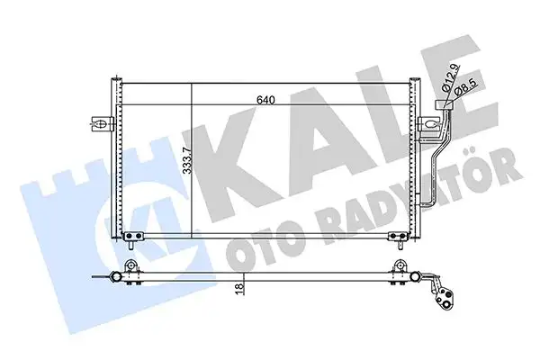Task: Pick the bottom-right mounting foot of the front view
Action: tap(396, 238)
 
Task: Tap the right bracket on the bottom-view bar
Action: tap(396, 267)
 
